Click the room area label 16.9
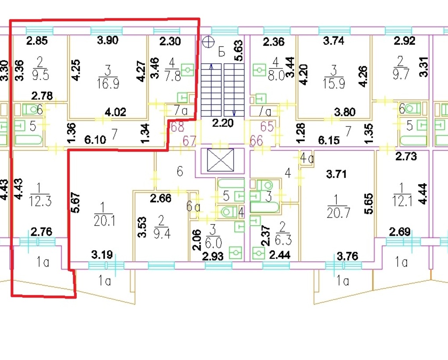click(x=108, y=84)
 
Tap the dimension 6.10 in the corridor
click(x=95, y=140)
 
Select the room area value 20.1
click(x=104, y=221)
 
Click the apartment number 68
click(x=177, y=127)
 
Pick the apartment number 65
click(x=267, y=126)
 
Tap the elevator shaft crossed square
click(x=220, y=160)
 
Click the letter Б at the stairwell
click(x=221, y=53)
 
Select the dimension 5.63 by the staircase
click(x=238, y=51)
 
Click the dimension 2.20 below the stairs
click(x=223, y=123)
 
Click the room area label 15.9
click(x=334, y=83)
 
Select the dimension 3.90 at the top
click(x=108, y=40)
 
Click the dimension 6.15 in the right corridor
click(x=329, y=140)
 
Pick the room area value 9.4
click(x=162, y=234)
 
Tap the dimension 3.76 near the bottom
click(x=348, y=256)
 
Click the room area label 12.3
click(x=40, y=201)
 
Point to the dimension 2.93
click(x=213, y=256)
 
